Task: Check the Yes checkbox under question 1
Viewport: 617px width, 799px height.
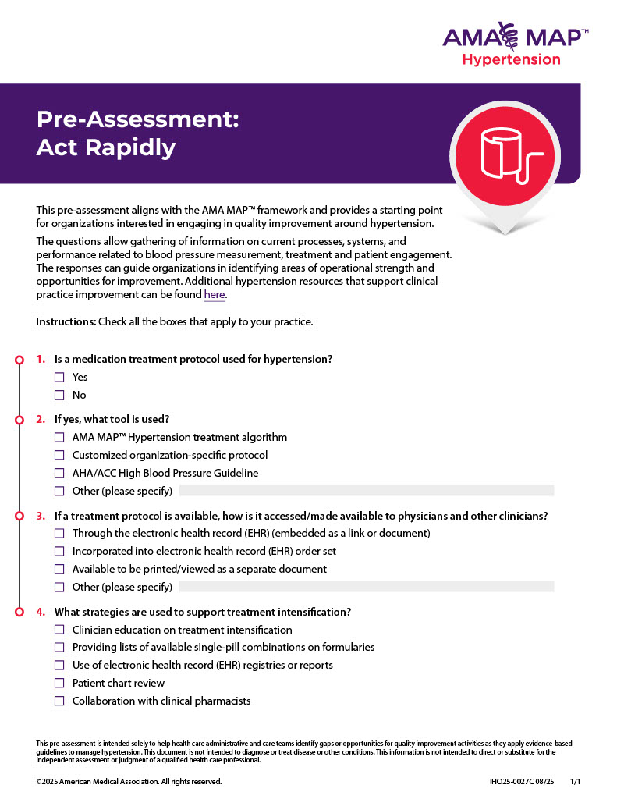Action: click(59, 377)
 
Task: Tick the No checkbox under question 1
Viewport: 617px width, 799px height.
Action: click(59, 395)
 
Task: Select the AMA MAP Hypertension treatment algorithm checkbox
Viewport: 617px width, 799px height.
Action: click(59, 437)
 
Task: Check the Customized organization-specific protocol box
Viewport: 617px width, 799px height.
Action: click(59, 455)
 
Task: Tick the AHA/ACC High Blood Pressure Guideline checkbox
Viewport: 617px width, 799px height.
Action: click(59, 473)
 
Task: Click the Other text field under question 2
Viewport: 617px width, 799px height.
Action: click(367, 491)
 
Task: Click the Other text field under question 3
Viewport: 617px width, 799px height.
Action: click(367, 586)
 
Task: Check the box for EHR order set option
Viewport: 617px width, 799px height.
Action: click(59, 551)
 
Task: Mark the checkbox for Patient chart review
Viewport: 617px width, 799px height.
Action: click(59, 683)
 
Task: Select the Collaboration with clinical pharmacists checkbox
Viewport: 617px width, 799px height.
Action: click(59, 701)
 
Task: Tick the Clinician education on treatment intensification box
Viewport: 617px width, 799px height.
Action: click(59, 630)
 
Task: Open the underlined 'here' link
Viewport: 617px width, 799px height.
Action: click(214, 295)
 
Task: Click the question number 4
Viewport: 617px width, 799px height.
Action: click(41, 612)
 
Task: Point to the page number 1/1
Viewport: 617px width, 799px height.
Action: click(576, 781)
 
